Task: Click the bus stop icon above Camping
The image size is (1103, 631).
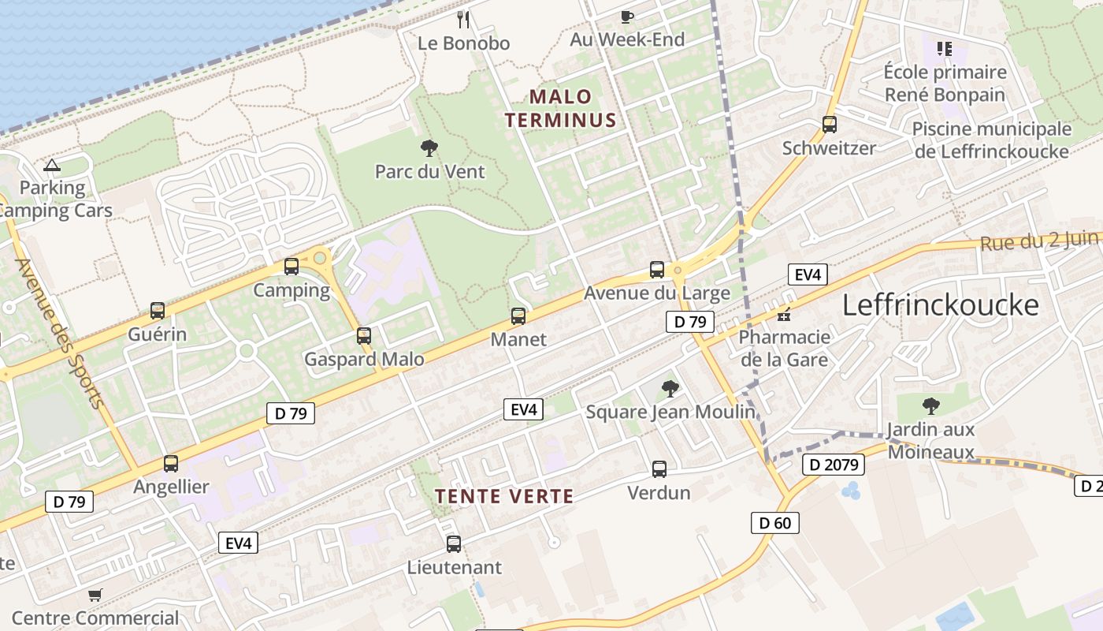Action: [x=292, y=267]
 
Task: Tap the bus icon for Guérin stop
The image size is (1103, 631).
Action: [x=158, y=311]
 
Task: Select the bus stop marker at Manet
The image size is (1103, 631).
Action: [x=518, y=316]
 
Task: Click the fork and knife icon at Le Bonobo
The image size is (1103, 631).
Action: [x=463, y=19]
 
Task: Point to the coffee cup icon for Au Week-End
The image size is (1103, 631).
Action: [x=627, y=17]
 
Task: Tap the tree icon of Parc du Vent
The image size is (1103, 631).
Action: [x=429, y=147]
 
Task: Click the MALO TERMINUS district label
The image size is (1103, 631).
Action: [x=560, y=108]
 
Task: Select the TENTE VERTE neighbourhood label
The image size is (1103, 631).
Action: [x=504, y=496]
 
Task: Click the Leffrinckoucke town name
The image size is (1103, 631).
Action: [x=941, y=304]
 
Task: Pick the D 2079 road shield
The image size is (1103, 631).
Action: [x=834, y=465]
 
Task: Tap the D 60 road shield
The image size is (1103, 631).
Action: [x=775, y=522]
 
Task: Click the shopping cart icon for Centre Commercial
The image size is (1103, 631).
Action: [x=95, y=595]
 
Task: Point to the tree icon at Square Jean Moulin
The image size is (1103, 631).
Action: [x=670, y=388]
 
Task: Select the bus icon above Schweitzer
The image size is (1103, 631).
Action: [x=830, y=125]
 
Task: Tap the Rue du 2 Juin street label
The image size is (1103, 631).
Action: [x=1040, y=240]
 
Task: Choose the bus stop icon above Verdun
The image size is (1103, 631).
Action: [x=659, y=469]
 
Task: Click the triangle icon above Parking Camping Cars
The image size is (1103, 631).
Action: [x=52, y=165]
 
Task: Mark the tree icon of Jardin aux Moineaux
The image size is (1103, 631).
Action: [x=930, y=406]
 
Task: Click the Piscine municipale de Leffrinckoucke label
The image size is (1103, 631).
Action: [x=991, y=140]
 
